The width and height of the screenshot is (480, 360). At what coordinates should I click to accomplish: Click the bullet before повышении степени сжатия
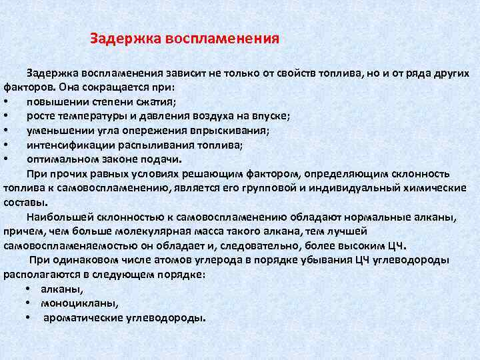pos(6,101)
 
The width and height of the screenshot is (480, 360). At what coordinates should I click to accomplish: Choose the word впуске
pos(273,115)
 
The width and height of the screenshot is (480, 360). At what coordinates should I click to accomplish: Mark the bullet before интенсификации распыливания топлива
pos(6,145)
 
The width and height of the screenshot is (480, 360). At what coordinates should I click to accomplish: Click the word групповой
pos(279,188)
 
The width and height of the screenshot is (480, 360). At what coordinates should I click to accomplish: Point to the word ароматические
pos(79,317)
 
